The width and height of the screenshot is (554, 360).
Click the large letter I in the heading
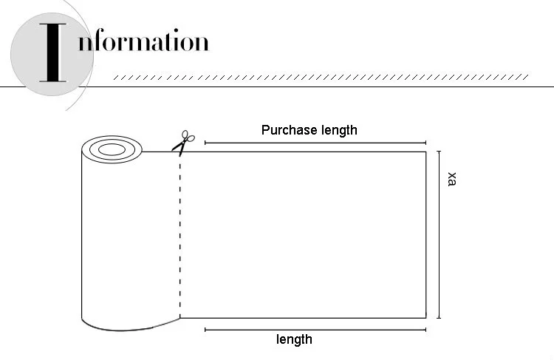52,52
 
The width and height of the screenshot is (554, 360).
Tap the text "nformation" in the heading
143,41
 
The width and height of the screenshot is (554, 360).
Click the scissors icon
182,141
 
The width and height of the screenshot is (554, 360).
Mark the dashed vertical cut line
179,237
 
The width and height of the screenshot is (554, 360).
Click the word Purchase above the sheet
289,130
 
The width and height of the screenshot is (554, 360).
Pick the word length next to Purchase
338,130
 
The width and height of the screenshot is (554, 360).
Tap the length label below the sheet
294,339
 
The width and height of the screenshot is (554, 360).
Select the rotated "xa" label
452,179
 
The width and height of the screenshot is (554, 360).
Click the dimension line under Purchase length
315,143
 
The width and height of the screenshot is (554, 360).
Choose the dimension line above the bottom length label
315,329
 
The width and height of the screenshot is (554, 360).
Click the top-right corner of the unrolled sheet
426,152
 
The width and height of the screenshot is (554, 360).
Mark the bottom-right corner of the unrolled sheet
426,318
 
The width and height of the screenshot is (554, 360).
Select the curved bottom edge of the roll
129,327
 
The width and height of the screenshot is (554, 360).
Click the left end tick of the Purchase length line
205,143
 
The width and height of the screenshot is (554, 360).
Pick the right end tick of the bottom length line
426,329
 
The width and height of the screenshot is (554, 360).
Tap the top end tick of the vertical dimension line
440,152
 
